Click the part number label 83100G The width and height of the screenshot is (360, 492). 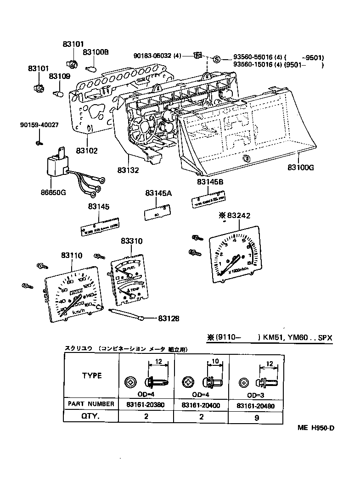click(301, 167)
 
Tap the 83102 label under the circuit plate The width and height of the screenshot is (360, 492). click(87, 150)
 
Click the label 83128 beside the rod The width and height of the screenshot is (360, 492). click(169, 318)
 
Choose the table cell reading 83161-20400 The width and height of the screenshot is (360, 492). click(201, 404)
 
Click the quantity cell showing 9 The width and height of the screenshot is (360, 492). click(257, 418)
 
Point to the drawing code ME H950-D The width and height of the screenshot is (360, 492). click(315, 428)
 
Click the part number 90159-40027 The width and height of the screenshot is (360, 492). click(39, 125)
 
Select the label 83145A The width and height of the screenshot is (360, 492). click(159, 194)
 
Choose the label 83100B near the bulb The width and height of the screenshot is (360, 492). click(96, 52)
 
